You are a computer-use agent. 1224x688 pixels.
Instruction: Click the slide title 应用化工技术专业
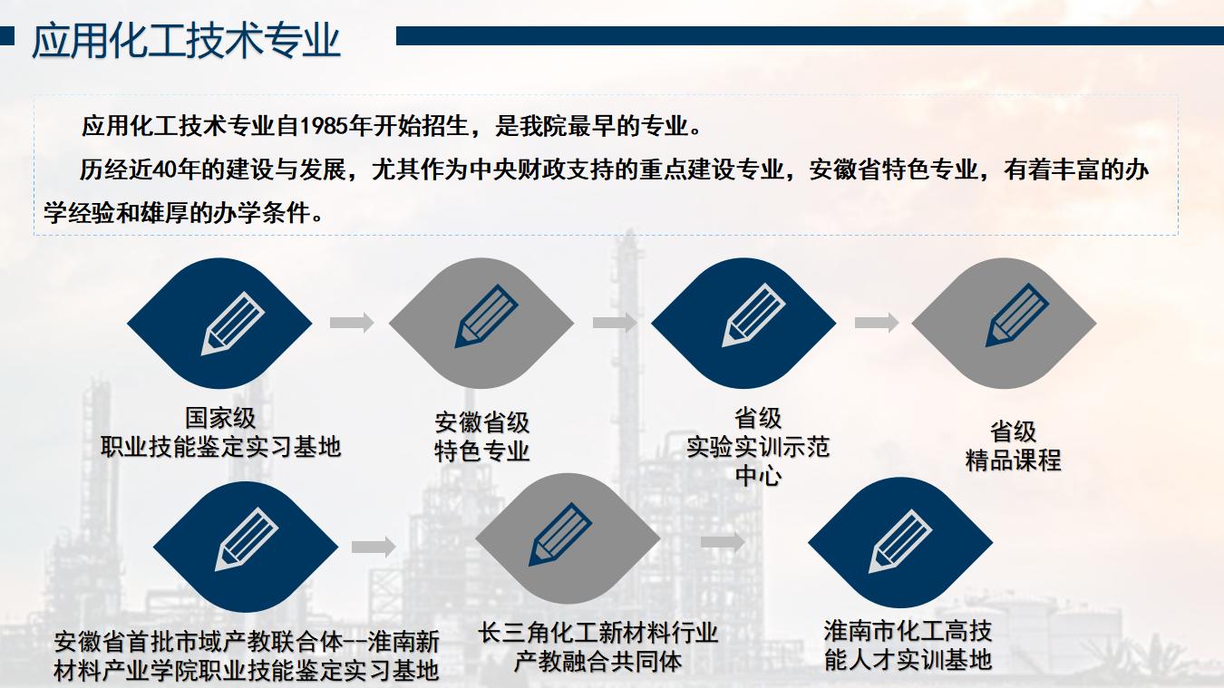[187, 41]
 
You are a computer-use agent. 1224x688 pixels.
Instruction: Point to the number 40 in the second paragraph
[165, 170]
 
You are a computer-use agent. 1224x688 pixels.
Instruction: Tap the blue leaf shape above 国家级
[219, 323]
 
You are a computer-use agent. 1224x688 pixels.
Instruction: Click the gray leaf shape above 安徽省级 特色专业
[481, 323]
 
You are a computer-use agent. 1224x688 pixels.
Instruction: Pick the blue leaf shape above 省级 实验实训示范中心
[743, 323]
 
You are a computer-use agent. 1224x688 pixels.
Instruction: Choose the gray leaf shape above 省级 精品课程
[1005, 323]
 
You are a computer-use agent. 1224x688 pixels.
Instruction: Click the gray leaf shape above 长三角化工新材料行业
[568, 538]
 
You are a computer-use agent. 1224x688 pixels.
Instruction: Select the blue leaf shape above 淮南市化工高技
[900, 543]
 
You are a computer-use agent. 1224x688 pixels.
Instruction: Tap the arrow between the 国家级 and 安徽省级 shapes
[352, 323]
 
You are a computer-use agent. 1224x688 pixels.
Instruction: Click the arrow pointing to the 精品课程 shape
[877, 323]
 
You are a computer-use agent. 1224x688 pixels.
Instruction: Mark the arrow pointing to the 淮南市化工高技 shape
[723, 541]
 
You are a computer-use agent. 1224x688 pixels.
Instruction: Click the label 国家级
[220, 418]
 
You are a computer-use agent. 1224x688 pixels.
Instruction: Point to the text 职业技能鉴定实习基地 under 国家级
[220, 447]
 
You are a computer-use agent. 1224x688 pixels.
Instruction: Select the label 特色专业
[482, 451]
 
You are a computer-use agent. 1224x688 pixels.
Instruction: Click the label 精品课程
[1013, 460]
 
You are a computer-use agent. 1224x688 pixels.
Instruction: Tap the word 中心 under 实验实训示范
[759, 475]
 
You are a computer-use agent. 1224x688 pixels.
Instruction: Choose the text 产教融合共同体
[597, 662]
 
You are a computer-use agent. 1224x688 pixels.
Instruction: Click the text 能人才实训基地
[908, 660]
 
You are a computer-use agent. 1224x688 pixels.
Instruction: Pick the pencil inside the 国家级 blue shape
[233, 324]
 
